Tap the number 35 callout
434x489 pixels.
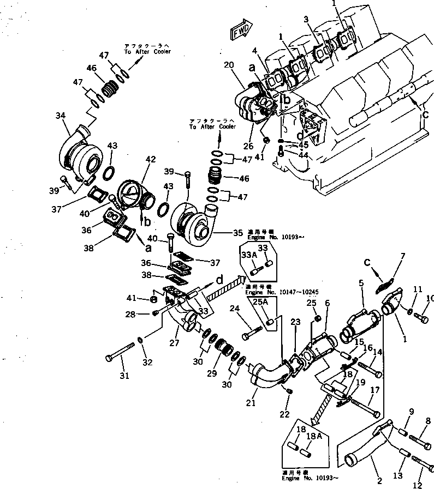coord(237,233)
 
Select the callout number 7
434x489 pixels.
coord(403,256)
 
